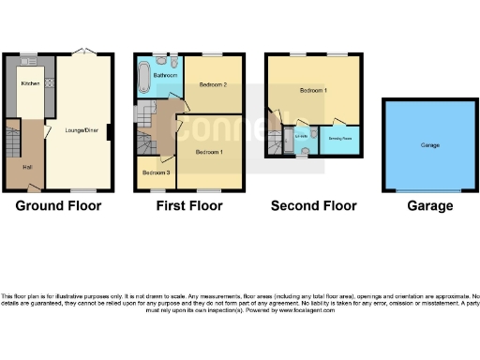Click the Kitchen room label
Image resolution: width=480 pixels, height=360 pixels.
click(x=29, y=83)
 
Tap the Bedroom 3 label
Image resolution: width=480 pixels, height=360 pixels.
click(x=155, y=172)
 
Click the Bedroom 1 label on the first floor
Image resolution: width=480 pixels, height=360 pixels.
click(x=209, y=151)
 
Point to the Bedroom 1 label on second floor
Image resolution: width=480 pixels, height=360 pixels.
click(x=313, y=91)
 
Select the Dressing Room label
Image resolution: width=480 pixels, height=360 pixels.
click(x=339, y=138)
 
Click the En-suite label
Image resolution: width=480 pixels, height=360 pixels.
click(x=301, y=138)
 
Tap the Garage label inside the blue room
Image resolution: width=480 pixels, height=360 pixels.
click(x=430, y=145)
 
